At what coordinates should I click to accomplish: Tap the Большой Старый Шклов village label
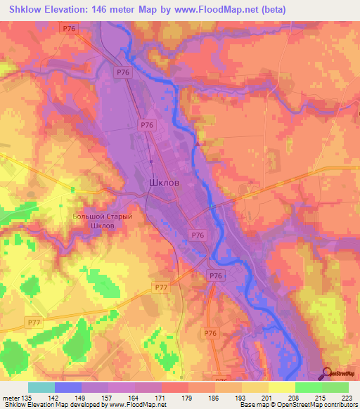click(103, 221)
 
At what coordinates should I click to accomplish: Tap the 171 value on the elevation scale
click(161, 397)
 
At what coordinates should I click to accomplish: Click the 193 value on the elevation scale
click(240, 397)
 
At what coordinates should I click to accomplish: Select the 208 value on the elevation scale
click(294, 397)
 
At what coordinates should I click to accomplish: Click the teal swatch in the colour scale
click(41, 387)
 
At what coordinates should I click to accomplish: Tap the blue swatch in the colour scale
click(68, 387)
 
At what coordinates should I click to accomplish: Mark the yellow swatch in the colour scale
click(281, 387)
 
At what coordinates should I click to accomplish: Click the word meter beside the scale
click(10, 397)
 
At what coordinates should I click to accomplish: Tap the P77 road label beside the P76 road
click(161, 288)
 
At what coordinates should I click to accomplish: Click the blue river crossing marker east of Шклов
click(210, 206)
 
